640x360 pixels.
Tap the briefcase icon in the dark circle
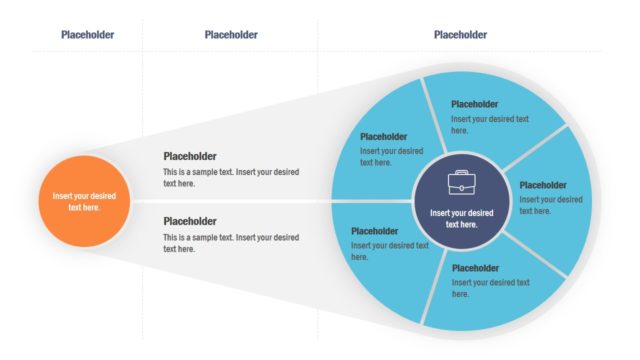tap(461, 183)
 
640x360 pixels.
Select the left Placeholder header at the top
tap(87, 35)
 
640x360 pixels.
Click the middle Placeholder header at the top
tap(231, 35)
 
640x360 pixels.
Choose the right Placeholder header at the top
tap(460, 35)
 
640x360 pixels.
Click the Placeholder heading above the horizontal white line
tap(190, 157)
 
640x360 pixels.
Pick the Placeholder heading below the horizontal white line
tap(190, 221)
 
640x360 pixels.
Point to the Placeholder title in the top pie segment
tap(475, 104)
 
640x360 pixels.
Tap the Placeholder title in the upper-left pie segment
tap(384, 137)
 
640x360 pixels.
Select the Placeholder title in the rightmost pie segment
tap(544, 185)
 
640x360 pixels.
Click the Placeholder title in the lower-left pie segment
tap(375, 231)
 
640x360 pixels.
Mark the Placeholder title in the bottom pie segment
tap(475, 268)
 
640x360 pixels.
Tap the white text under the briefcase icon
tap(461, 218)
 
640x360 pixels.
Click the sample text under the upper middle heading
tap(230, 178)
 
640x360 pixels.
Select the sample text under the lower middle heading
tap(230, 243)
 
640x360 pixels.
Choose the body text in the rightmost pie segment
tap(550, 205)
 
